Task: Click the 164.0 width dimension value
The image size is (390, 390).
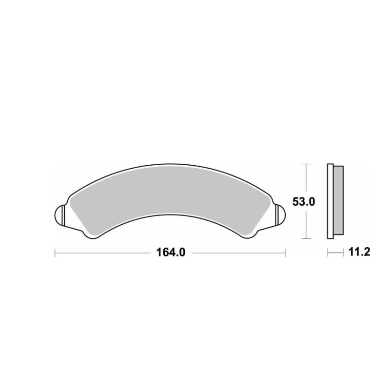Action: [x=171, y=253]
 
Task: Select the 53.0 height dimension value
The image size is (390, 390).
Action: [x=303, y=202]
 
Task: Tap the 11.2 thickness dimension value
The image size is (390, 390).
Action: [x=359, y=252]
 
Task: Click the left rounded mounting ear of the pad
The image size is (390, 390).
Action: [x=59, y=215]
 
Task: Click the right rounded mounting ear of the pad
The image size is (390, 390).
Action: [x=281, y=215]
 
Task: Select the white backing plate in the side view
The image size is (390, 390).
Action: [x=331, y=201]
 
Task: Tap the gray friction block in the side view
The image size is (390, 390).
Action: [x=338, y=200]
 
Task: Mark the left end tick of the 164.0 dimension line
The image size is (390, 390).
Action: [x=55, y=253]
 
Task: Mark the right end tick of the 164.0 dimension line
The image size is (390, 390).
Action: [x=285, y=253]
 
